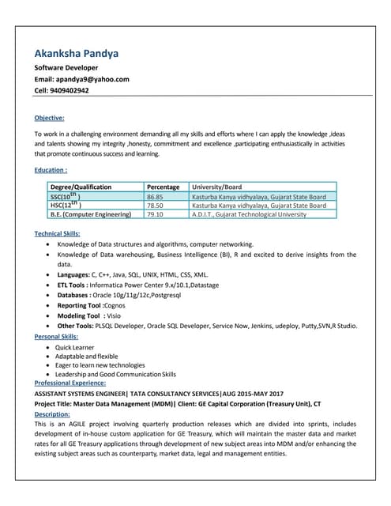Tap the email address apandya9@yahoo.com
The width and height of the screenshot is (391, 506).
coord(98,79)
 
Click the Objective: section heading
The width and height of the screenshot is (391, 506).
coord(49,118)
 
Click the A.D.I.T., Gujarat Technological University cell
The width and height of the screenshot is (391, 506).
coord(249,213)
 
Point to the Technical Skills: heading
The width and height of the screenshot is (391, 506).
coord(56,233)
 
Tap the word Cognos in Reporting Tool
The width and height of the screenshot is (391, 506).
coord(115,305)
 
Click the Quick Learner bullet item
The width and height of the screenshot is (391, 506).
coord(77,347)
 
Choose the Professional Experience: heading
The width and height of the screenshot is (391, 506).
coord(76,383)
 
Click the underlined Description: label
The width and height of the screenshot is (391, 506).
coord(52,413)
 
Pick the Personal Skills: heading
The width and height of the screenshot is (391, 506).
coord(56,337)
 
